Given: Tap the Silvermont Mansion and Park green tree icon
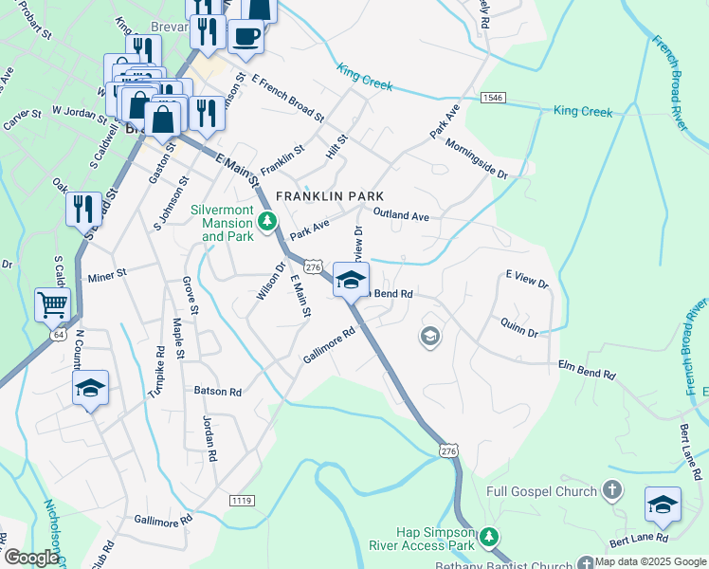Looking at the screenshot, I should (268, 223).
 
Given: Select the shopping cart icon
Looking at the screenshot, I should (52, 305).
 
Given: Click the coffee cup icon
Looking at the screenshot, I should (245, 37).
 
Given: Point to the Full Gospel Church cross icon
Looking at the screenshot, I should (612, 490).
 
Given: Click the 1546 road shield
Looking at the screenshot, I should (492, 98).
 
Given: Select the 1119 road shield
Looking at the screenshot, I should (242, 500).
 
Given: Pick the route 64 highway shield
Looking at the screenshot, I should (59, 335).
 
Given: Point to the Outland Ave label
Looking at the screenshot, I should (401, 215).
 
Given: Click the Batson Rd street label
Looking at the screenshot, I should (217, 391).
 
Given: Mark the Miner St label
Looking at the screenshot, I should (106, 279).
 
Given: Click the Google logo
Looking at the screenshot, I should (30, 558).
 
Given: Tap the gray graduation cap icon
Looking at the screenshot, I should (429, 337).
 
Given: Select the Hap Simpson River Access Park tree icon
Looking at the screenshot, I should (488, 537).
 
